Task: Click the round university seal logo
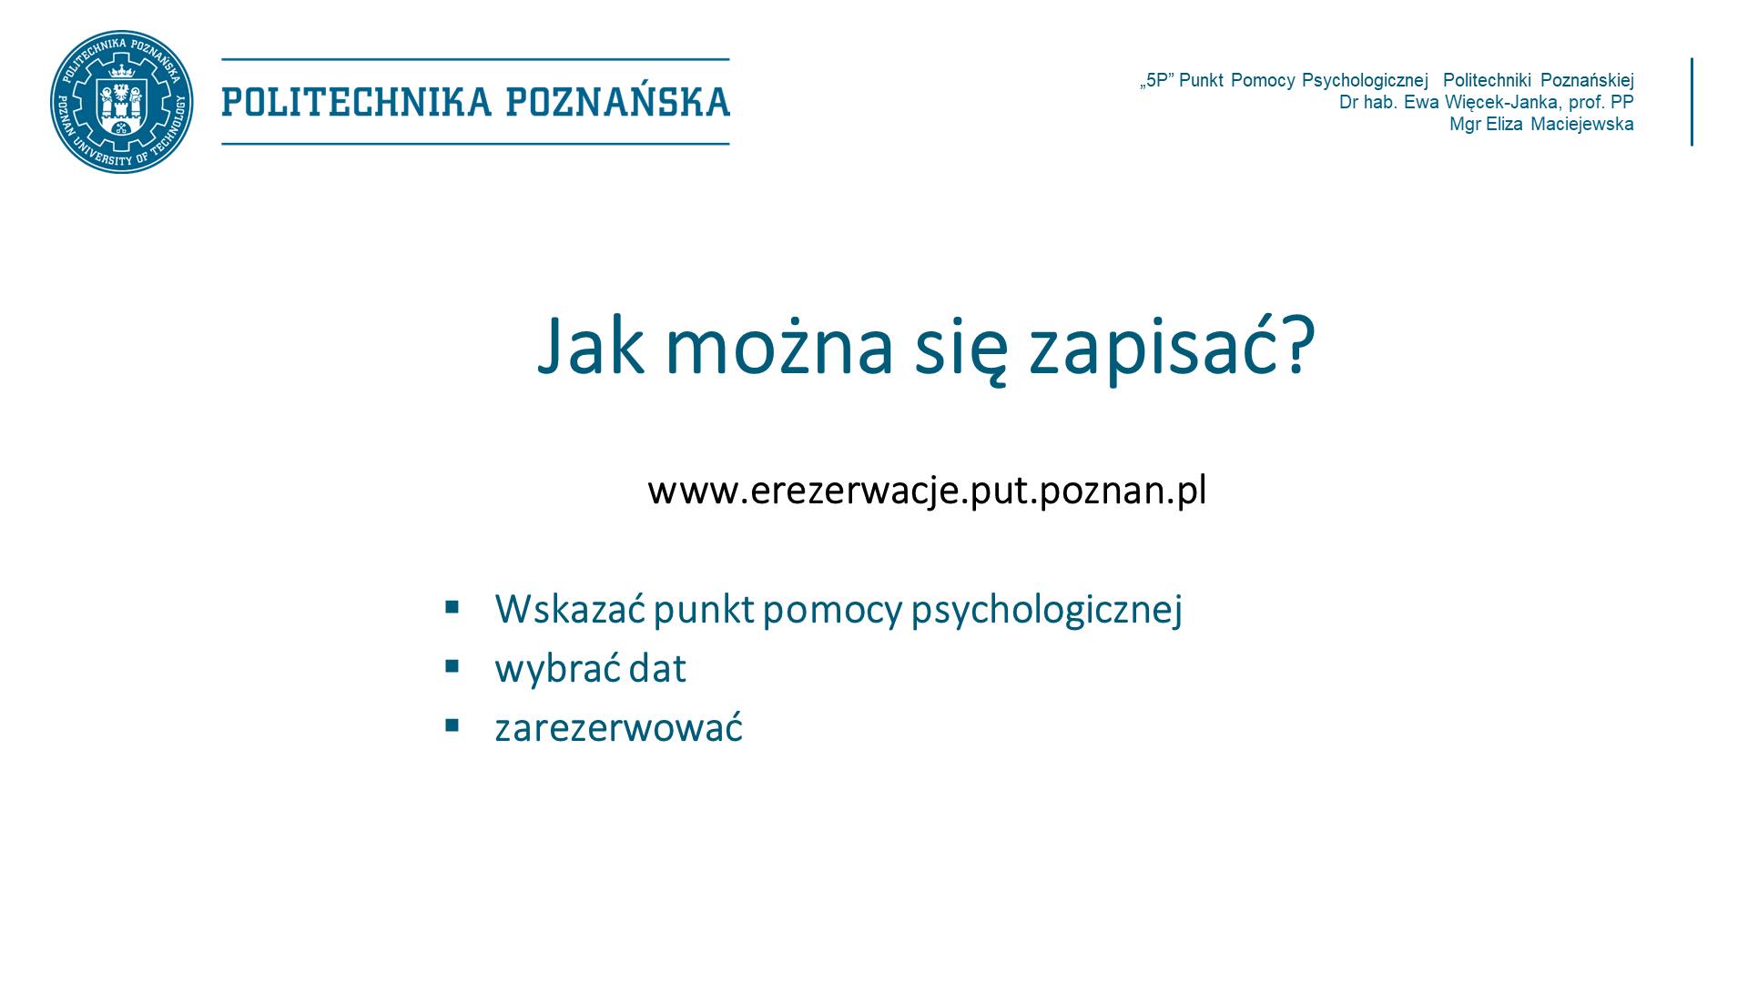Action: pos(121,102)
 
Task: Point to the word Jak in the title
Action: pos(592,346)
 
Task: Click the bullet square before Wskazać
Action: pos(452,606)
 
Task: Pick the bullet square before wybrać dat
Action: pos(452,666)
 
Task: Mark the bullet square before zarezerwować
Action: pos(452,725)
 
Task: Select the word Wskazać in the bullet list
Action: pos(570,608)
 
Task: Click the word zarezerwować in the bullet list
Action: pos(619,728)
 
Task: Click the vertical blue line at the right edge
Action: pos(1692,102)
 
